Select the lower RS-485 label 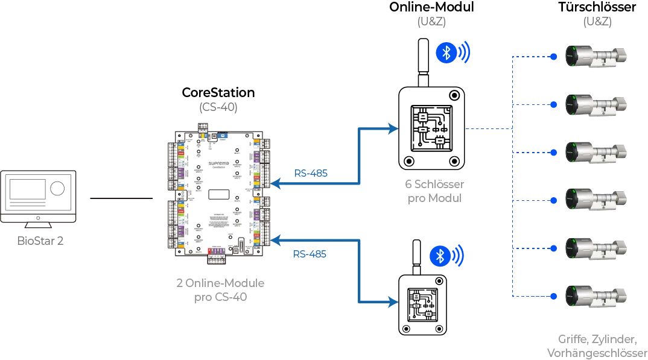[311, 254]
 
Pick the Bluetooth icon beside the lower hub [440, 256]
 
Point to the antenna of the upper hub [422, 60]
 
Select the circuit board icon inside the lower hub [422, 303]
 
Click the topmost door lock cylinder [594, 56]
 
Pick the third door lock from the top [594, 152]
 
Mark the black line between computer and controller [120, 200]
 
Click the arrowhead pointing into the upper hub [393, 128]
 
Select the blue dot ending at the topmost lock [553, 57]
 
